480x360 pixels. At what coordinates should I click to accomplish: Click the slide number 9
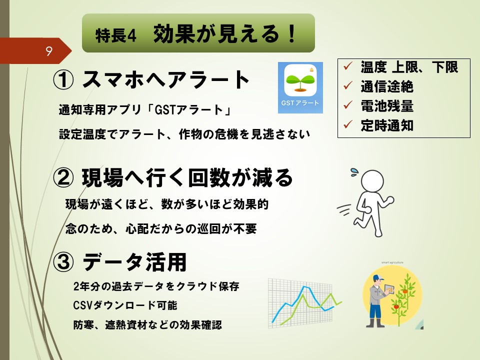(49, 51)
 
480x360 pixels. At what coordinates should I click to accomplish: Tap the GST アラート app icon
(300, 87)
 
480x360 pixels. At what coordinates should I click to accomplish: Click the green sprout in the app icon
(300, 81)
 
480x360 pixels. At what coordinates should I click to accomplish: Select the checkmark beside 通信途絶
(348, 85)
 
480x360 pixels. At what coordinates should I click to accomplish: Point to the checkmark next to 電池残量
(348, 105)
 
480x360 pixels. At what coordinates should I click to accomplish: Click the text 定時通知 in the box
(387, 125)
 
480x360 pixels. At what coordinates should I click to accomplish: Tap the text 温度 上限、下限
(409, 67)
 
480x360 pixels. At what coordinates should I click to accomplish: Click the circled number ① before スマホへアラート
(63, 80)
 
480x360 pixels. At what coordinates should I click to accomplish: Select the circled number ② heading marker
(63, 178)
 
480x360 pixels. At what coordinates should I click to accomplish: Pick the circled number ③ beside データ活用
(63, 262)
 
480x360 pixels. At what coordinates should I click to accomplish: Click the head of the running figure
(372, 181)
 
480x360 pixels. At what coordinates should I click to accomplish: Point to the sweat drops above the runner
(355, 172)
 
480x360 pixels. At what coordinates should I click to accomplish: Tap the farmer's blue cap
(378, 278)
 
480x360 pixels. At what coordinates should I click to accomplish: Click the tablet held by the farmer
(389, 288)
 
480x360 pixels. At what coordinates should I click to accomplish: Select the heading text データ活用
(134, 262)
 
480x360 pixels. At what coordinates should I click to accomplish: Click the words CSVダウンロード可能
(125, 305)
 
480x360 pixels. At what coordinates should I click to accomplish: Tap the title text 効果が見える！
(225, 33)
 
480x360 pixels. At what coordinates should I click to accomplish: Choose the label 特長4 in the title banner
(115, 35)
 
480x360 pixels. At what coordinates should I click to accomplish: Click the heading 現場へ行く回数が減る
(187, 178)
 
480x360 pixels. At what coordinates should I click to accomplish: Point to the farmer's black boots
(376, 323)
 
